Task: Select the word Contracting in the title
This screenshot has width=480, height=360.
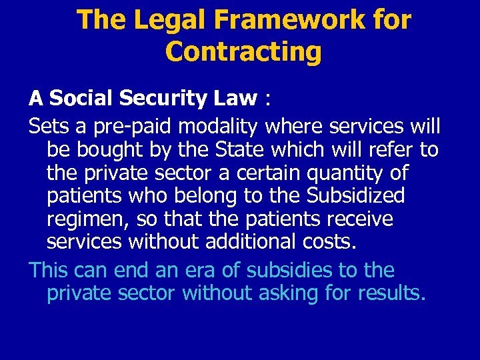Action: coord(243,51)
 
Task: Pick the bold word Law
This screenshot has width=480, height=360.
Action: coord(235,99)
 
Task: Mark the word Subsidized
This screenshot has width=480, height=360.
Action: coord(356,195)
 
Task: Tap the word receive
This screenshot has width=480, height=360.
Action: coord(360,219)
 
